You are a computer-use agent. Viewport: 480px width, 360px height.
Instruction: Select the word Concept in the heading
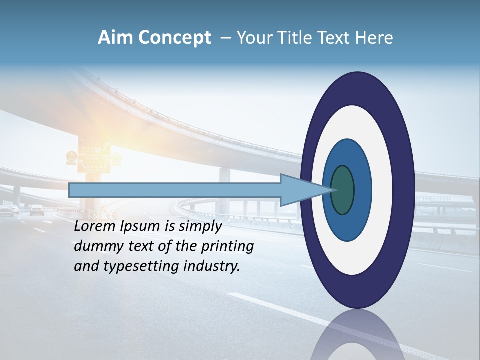175,38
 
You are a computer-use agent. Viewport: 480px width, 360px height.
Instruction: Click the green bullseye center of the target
342,190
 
